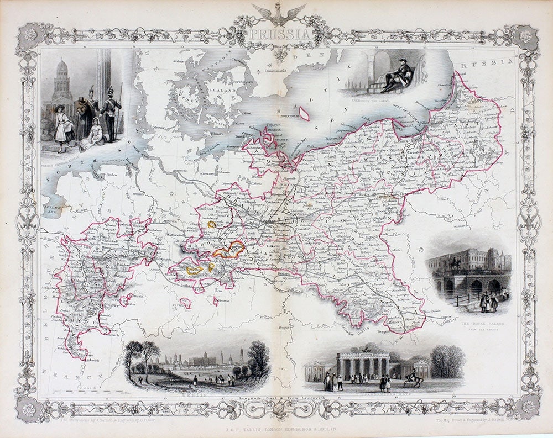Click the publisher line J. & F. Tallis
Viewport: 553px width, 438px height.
[276, 429]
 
